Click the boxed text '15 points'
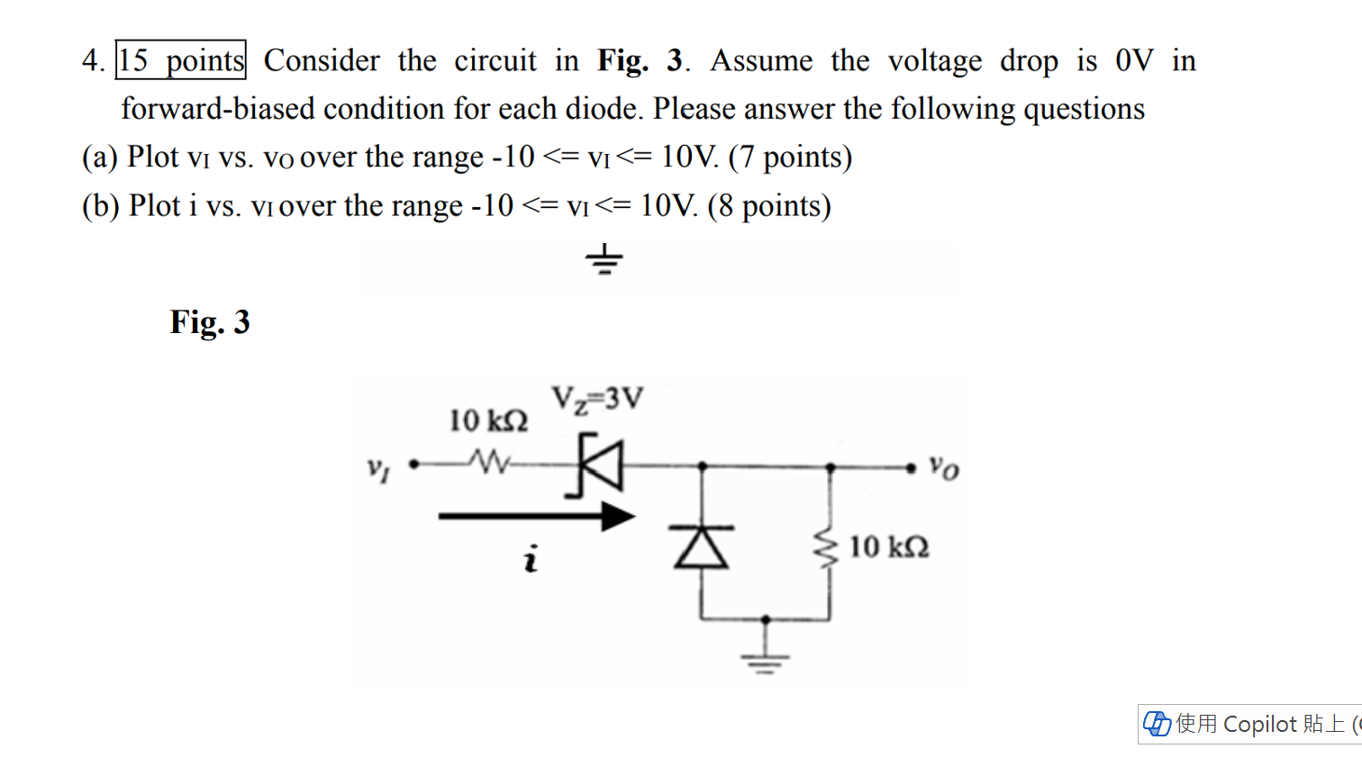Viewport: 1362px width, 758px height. pyautogui.click(x=181, y=60)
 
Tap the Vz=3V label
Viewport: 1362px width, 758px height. pyautogui.click(x=597, y=398)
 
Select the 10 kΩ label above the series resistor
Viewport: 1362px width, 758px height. pyautogui.click(x=488, y=420)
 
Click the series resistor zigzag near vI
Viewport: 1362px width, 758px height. pyautogui.click(x=489, y=463)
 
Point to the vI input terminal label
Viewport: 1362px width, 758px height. pyautogui.click(x=378, y=468)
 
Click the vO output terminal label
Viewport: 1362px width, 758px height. pyautogui.click(x=944, y=467)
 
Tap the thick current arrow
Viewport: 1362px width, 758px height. pyautogui.click(x=537, y=516)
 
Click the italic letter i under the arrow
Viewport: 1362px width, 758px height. pyautogui.click(x=531, y=559)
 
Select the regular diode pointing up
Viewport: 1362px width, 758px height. pyautogui.click(x=702, y=546)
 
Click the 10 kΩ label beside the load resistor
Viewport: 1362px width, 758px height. pyautogui.click(x=888, y=546)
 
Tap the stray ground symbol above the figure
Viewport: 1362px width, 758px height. pyautogui.click(x=604, y=259)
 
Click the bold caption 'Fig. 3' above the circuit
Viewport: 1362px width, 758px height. pyautogui.click(x=210, y=321)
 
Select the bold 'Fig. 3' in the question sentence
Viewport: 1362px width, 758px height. pyautogui.click(x=640, y=60)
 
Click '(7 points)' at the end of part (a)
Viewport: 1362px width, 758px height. pyautogui.click(x=790, y=157)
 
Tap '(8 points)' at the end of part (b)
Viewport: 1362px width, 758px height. pyautogui.click(x=769, y=205)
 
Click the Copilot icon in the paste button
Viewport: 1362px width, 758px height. pyautogui.click(x=1157, y=724)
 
